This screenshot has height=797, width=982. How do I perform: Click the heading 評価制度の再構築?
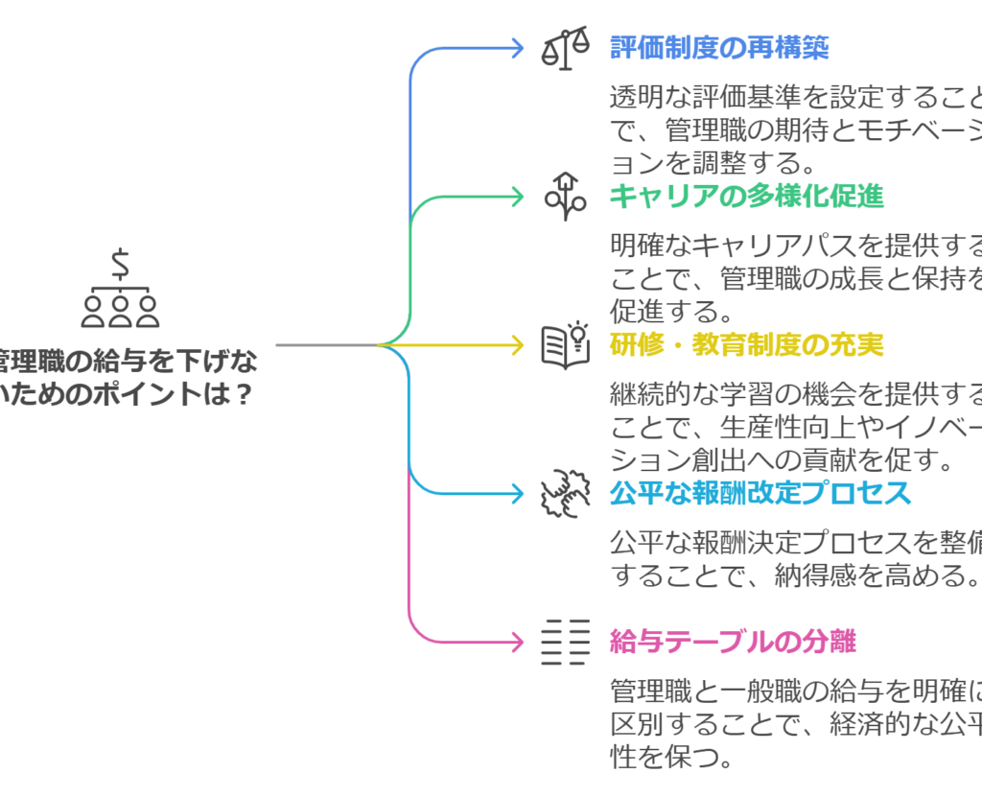(719, 47)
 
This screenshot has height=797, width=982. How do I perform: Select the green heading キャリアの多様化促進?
(746, 196)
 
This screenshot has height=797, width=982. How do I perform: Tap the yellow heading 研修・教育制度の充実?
(746, 344)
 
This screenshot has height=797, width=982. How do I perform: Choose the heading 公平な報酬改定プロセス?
(760, 493)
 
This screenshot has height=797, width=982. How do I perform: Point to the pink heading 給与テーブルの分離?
(733, 642)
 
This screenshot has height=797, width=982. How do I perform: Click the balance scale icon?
(566, 48)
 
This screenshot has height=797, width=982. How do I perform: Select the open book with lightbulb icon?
(566, 345)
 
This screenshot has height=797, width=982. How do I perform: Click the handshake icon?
(566, 493)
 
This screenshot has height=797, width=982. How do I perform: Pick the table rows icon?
(566, 642)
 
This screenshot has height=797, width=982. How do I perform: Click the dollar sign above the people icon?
(121, 261)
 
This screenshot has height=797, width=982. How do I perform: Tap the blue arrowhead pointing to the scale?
(519, 47)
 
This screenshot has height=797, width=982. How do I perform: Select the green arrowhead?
(519, 196)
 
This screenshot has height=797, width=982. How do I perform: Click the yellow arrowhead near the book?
(519, 344)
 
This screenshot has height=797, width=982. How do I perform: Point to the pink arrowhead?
(519, 642)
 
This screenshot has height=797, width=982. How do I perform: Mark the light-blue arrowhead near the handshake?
(519, 493)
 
